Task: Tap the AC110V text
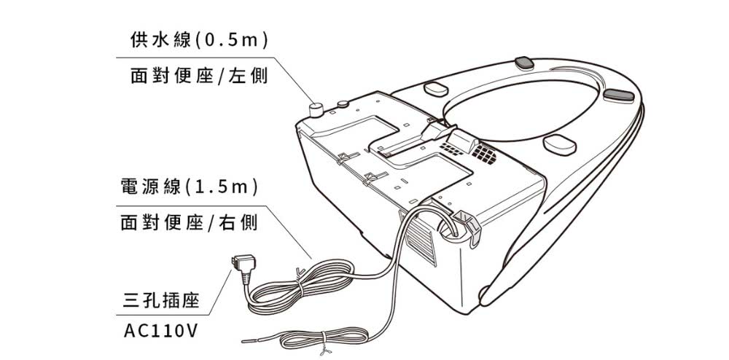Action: pyautogui.click(x=161, y=331)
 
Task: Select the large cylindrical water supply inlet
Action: pyautogui.click(x=316, y=111)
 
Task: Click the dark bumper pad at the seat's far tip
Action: pyautogui.click(x=620, y=94)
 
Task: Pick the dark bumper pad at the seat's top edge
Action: pyautogui.click(x=526, y=61)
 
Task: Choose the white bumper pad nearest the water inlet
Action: pyautogui.click(x=436, y=88)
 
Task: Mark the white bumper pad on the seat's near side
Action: pyautogui.click(x=559, y=144)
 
